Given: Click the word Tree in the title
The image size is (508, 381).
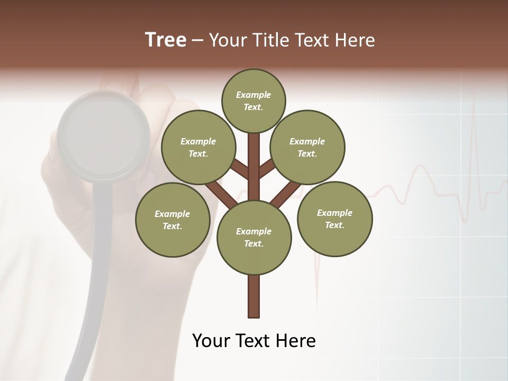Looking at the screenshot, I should tap(166, 40).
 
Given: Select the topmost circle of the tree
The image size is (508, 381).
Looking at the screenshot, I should tap(253, 101).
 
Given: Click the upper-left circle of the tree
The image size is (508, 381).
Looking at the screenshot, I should tap(198, 147).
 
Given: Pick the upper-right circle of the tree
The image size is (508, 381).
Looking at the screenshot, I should tap(307, 147).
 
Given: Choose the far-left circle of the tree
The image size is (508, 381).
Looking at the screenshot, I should tap(173, 220).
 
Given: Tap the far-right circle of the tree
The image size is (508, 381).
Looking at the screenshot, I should tap(334, 219).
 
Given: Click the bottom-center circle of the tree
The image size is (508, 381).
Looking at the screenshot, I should tap(254, 237).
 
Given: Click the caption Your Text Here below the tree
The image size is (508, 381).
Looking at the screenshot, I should tap(254, 341).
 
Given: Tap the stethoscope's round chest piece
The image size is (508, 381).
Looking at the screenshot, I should tap(104, 135).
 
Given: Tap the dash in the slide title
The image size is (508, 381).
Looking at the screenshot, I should tap(197, 40).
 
